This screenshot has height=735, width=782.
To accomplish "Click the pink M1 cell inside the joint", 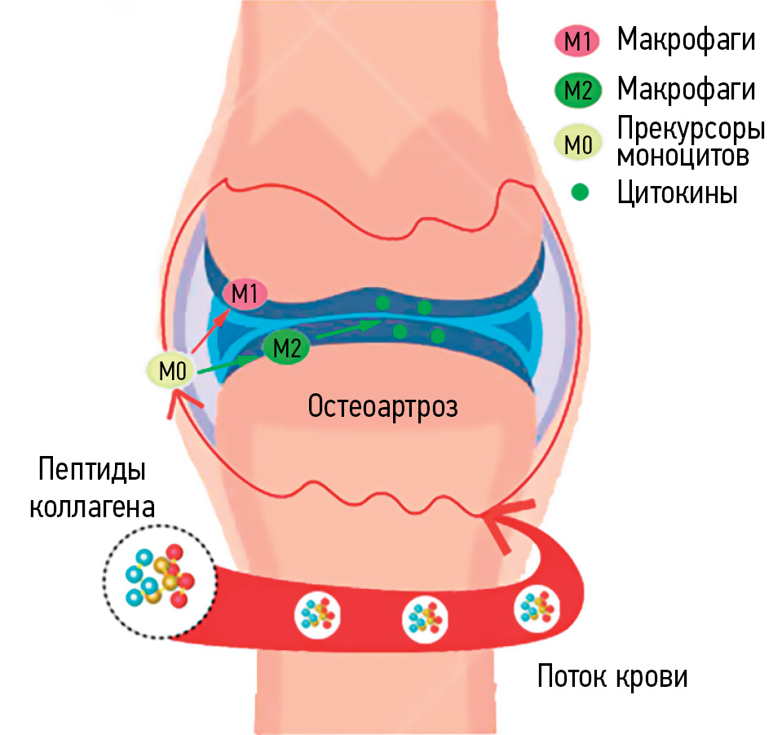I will (245, 294).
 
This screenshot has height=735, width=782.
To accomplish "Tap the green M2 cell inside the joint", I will (286, 348).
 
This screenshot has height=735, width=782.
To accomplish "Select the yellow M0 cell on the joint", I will (172, 372).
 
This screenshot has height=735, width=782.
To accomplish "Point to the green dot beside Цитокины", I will (579, 194).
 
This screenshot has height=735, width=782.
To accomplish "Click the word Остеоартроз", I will (382, 405).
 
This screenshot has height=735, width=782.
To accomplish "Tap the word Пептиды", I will (92, 472).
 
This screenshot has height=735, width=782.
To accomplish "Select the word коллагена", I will (92, 507).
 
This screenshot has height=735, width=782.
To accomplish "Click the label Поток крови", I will (612, 675).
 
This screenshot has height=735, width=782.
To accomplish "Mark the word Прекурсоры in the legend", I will (691, 130).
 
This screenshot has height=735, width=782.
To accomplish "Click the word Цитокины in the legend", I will (677, 194).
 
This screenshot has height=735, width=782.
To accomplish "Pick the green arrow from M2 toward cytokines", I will (347, 328).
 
